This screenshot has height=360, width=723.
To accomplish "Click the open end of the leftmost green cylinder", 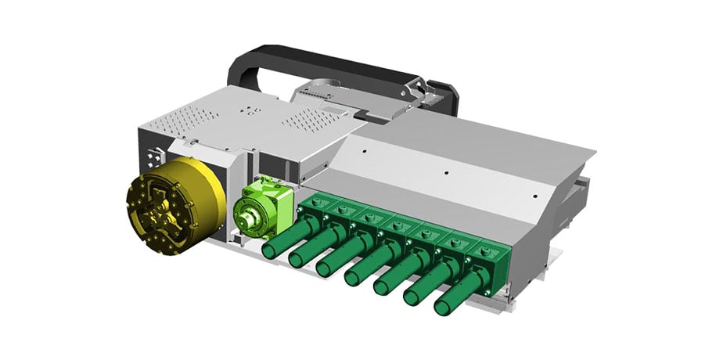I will pos(270,250).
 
